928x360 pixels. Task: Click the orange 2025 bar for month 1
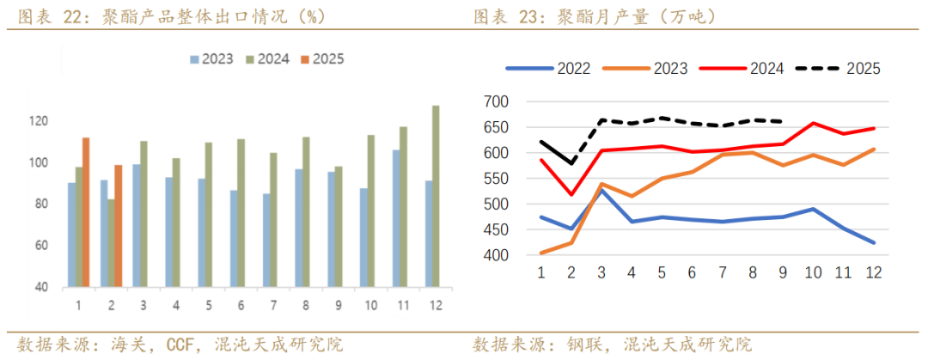point(86,211)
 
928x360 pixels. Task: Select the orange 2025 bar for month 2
point(118,225)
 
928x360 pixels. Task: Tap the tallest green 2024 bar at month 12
point(436,196)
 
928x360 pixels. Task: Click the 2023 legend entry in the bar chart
point(211,58)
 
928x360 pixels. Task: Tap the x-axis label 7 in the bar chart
point(272,304)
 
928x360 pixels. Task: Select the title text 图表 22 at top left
point(44,16)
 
